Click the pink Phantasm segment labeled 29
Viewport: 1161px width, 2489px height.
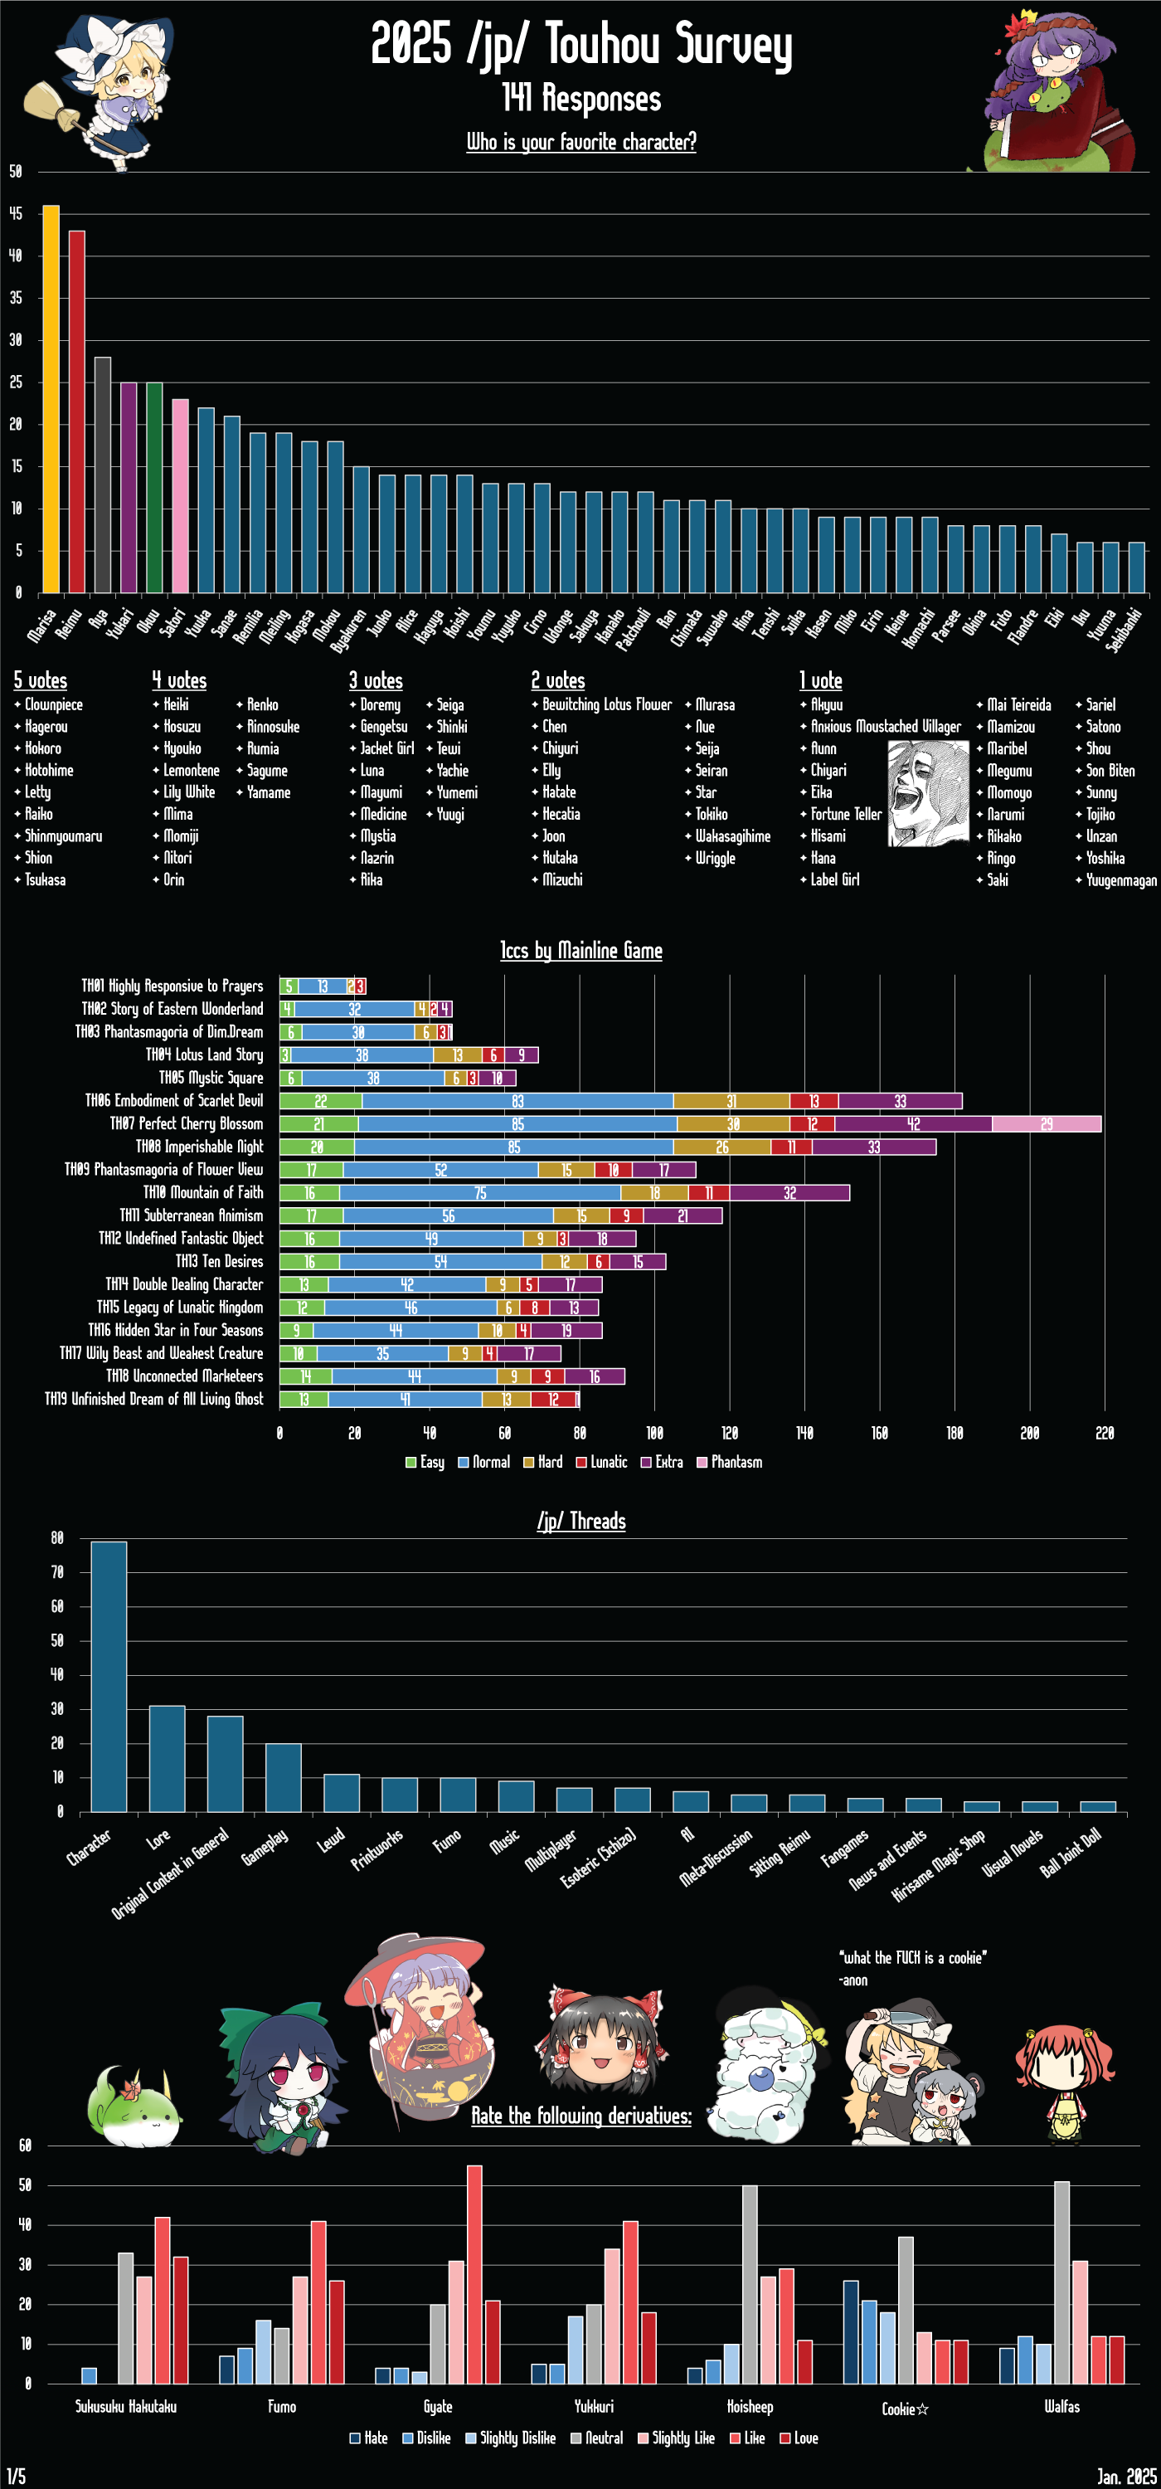pyautogui.click(x=1046, y=1123)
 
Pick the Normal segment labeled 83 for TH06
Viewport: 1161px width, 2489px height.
pyautogui.click(x=517, y=1100)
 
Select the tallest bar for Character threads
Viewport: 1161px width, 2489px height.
pyautogui.click(x=108, y=1677)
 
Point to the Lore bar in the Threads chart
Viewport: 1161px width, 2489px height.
pyautogui.click(x=167, y=1759)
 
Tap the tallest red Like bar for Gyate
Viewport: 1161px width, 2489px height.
pyautogui.click(x=474, y=2273)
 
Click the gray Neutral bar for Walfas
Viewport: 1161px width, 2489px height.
pyautogui.click(x=1061, y=2282)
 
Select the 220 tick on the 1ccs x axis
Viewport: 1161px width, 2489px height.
pyautogui.click(x=1104, y=1433)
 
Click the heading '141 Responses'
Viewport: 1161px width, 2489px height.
pyautogui.click(x=581, y=98)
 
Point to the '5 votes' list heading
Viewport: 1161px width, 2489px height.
pyautogui.click(x=40, y=680)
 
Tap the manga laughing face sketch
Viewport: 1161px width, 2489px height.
pyautogui.click(x=927, y=792)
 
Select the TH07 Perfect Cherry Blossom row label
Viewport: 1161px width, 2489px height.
pyautogui.click(x=186, y=1123)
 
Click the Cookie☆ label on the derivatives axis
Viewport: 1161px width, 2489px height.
pyautogui.click(x=905, y=2409)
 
